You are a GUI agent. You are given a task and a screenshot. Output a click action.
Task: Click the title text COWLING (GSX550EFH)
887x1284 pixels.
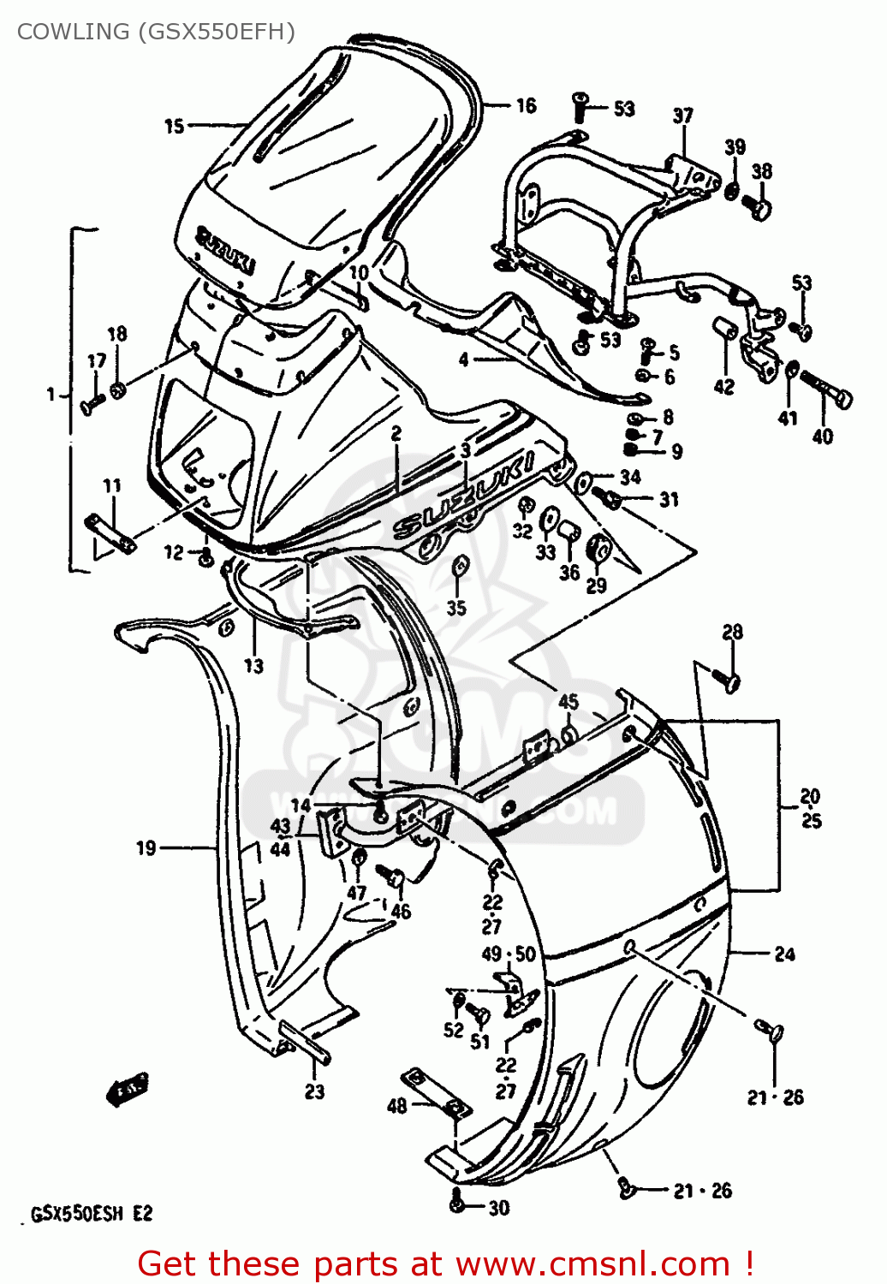156,32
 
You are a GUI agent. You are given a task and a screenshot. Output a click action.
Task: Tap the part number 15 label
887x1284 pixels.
174,126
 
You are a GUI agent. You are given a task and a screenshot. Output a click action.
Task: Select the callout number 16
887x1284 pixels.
526,105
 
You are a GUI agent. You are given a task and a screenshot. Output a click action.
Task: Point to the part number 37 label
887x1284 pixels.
682,116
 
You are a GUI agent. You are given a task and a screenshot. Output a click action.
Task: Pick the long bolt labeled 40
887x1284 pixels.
826,393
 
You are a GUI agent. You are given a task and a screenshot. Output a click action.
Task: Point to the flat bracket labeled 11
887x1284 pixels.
110,532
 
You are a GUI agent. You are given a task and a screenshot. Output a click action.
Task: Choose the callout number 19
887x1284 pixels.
146,847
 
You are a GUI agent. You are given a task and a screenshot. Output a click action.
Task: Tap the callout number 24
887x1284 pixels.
784,954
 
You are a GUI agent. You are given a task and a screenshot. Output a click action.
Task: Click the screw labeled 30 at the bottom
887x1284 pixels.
458,1204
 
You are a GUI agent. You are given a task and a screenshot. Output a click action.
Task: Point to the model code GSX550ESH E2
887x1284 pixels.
92,1214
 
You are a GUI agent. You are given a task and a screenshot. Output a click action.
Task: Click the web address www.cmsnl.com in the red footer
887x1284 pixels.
592,1263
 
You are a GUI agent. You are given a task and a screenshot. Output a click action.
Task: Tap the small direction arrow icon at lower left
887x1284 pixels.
127,1088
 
